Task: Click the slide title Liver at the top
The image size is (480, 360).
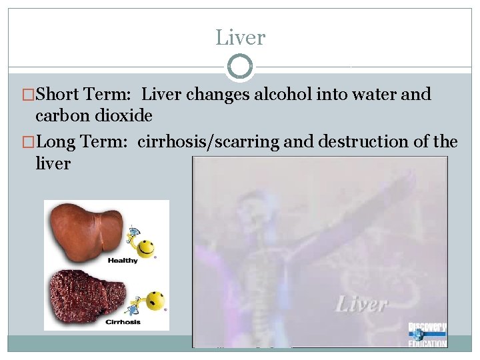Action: pos(240,37)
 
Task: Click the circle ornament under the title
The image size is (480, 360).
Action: pos(240,67)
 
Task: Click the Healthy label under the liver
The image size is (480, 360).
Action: pos(122,261)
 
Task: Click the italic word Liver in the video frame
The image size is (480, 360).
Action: pos(361,305)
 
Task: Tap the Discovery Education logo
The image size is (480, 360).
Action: pos(427,335)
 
